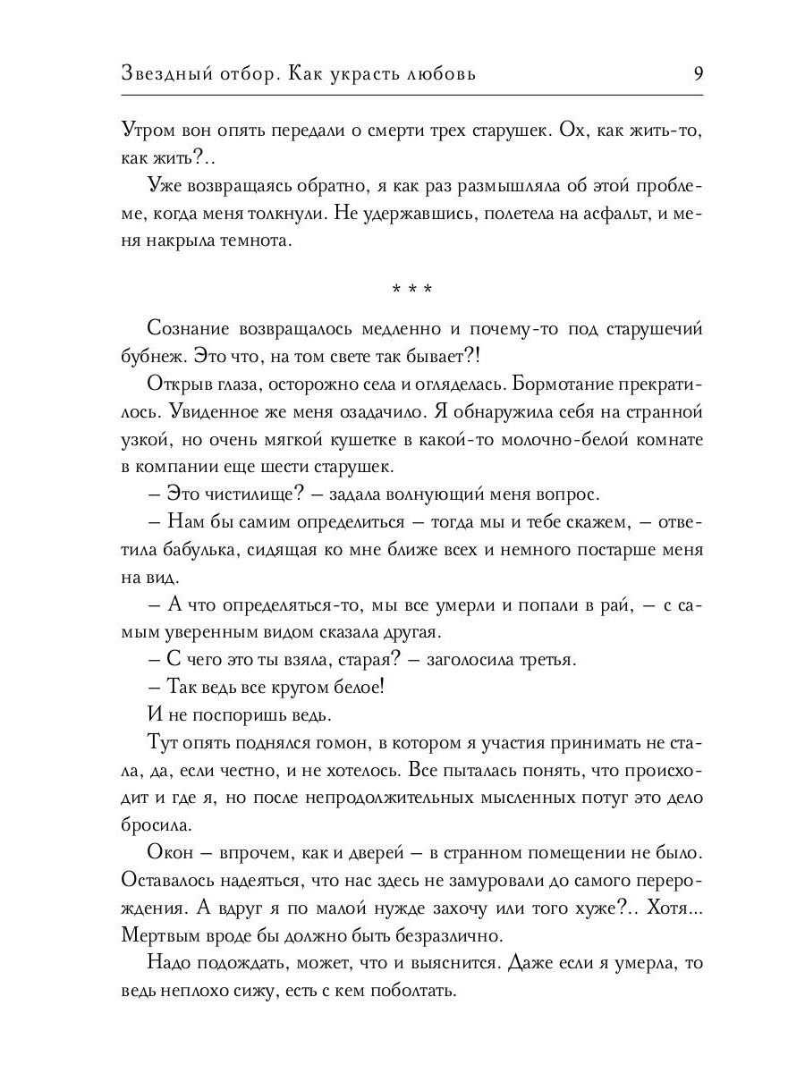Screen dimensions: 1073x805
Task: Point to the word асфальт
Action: pyautogui.click(x=577, y=215)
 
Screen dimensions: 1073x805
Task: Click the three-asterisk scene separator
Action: pyautogui.click(x=412, y=290)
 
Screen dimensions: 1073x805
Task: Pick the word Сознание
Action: pyautogui.click(x=190, y=329)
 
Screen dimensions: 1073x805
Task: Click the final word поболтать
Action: pyautogui.click(x=413, y=992)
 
